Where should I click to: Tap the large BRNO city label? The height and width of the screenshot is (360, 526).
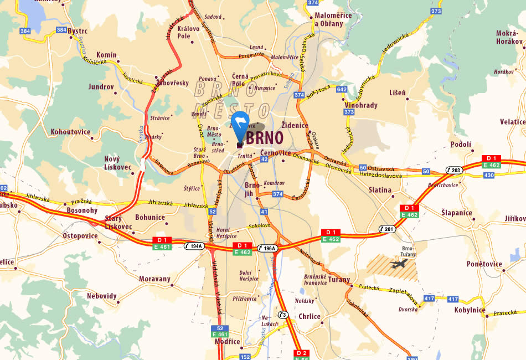(x=265, y=138)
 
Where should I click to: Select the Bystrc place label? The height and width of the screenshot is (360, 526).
(x=78, y=32)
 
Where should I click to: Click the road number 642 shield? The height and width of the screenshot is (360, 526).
(x=342, y=89)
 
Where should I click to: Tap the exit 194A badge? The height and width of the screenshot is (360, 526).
(x=194, y=245)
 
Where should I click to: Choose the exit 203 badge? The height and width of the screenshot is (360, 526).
(x=455, y=170)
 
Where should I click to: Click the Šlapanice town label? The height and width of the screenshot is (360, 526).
(x=457, y=213)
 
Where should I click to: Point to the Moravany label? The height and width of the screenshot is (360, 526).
(x=154, y=279)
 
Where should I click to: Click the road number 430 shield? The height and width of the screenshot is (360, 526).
(x=489, y=175)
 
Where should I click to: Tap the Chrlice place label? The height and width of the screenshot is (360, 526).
(x=310, y=317)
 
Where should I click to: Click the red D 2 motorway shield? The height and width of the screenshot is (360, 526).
(x=301, y=353)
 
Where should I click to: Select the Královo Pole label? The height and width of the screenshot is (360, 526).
(x=184, y=32)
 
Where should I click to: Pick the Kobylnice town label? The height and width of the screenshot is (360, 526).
(x=470, y=310)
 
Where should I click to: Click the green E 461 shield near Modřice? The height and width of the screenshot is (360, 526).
(x=219, y=335)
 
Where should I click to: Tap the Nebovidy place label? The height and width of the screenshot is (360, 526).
(x=102, y=296)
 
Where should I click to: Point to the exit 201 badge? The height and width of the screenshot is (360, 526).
(x=388, y=229)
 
